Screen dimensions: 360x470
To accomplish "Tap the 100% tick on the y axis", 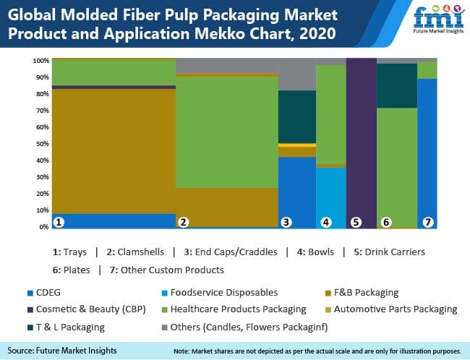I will pos(40,60).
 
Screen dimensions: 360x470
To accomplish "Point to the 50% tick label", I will pos(42,143).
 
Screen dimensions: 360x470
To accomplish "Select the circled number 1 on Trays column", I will pos(59,222).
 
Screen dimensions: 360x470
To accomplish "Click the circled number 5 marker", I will pos(355,223).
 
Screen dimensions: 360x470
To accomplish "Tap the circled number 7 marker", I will pos(428,223).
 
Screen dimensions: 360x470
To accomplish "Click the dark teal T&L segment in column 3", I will pos(296,116).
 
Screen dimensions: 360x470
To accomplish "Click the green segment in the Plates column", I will pos(397,166).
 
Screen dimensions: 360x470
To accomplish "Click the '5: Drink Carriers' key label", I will pos(388,252).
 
